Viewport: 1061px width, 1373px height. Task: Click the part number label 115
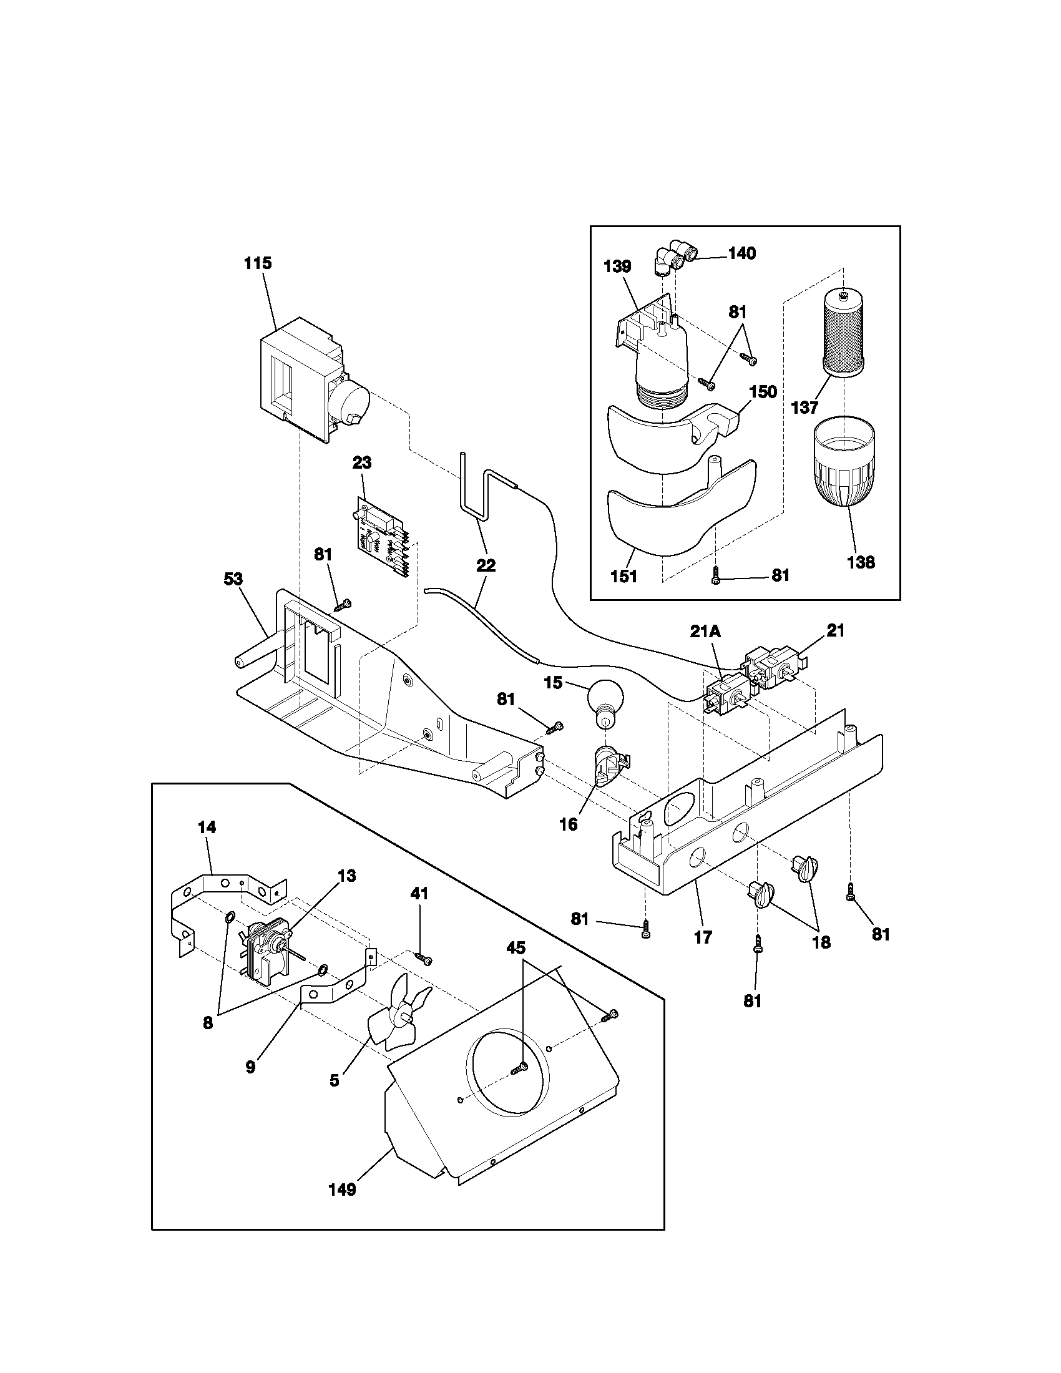click(x=258, y=263)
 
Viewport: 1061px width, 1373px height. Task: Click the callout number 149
click(x=343, y=1190)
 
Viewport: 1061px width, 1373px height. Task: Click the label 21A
click(x=705, y=631)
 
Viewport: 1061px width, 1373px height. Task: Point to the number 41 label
click(x=419, y=892)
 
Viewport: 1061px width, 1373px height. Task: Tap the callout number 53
click(x=233, y=579)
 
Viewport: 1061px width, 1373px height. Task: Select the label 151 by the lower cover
click(x=623, y=576)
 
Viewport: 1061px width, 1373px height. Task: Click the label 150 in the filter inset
click(x=763, y=392)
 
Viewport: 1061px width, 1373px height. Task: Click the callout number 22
click(x=486, y=565)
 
